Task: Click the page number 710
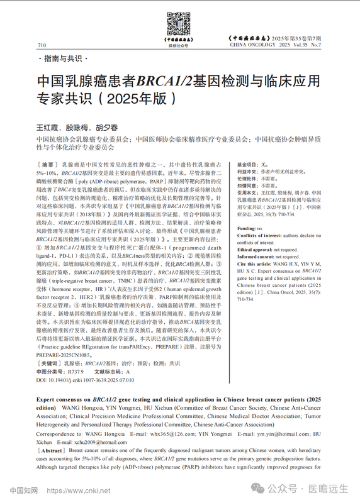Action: (42, 46)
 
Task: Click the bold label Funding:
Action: (246, 211)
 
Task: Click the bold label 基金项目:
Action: (246, 163)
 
